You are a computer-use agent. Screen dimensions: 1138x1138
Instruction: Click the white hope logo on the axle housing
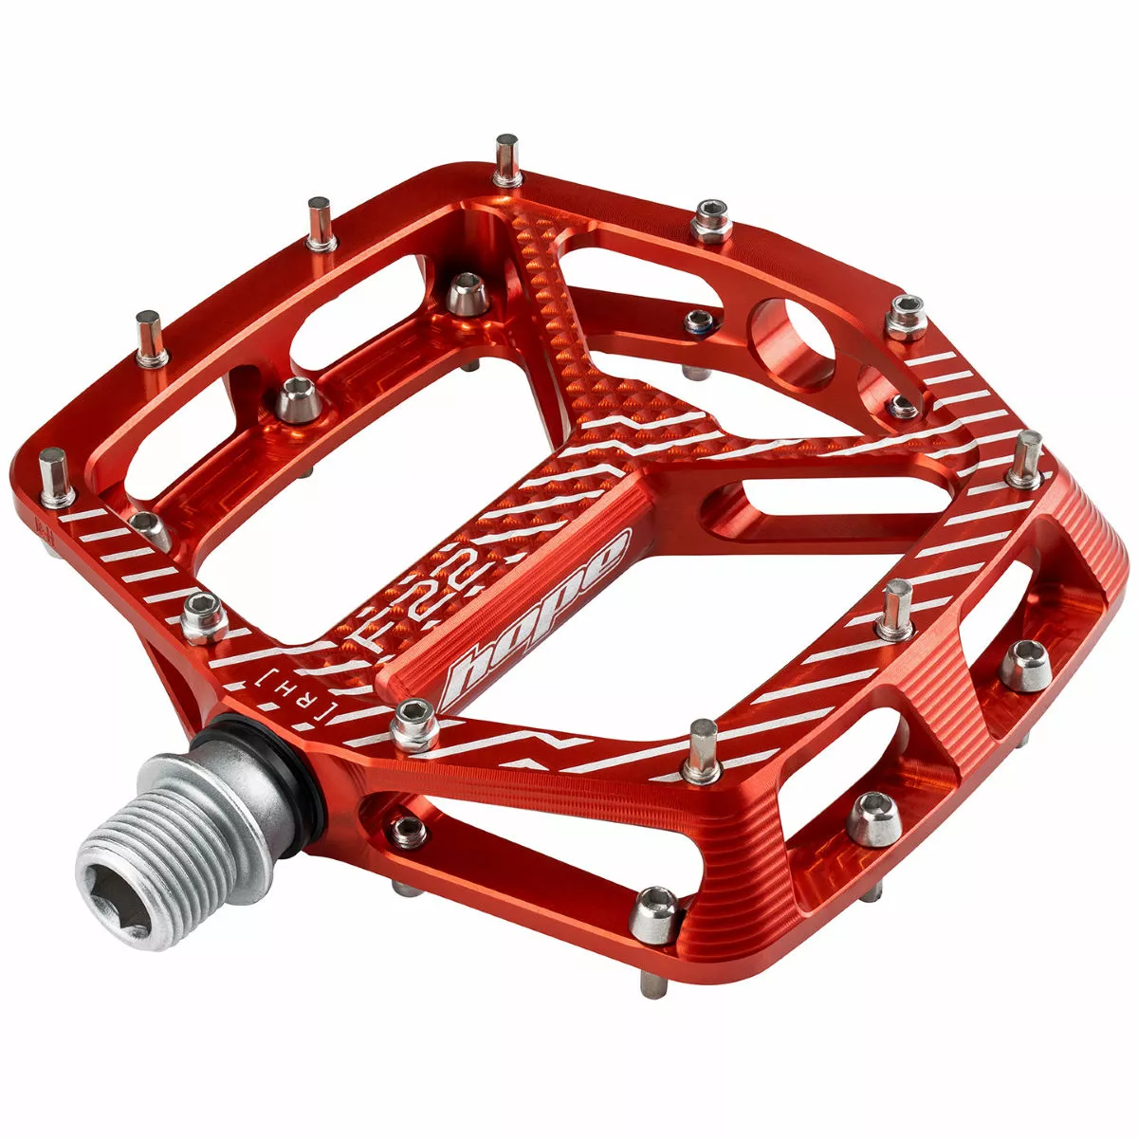536,616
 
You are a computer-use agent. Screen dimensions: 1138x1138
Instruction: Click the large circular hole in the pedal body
791,344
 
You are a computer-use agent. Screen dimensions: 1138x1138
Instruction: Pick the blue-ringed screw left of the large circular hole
699,321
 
